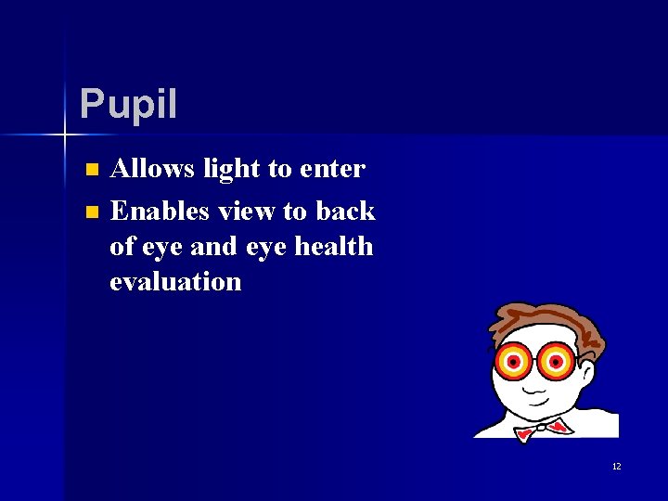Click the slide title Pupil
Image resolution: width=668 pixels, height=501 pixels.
pos(128,104)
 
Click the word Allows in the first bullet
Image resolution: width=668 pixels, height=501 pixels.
pos(152,168)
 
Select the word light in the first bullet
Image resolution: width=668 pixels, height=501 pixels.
pos(228,168)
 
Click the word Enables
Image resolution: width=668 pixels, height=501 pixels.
pos(160,211)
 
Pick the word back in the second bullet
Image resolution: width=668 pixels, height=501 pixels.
pos(345,211)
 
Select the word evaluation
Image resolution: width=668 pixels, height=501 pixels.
pos(175,281)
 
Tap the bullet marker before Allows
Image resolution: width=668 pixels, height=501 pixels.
pos(91,170)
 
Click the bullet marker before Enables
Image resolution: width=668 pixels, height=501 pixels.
pos(91,212)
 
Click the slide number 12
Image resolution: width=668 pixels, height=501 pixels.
pos(616,466)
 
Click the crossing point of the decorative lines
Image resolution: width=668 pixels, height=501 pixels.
pos(65,135)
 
